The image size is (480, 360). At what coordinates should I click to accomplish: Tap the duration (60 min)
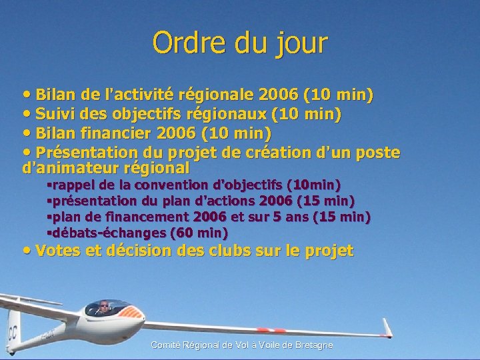point(199,233)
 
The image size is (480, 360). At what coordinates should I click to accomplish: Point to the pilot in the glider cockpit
point(103,308)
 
